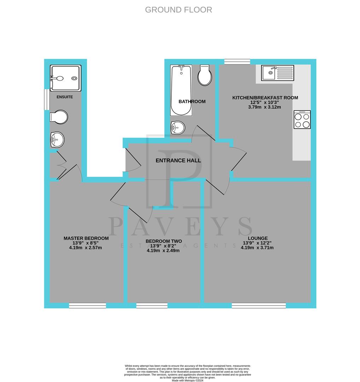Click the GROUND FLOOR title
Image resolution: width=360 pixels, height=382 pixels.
pos(178,10)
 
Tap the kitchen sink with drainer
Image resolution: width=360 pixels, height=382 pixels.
pos(278,73)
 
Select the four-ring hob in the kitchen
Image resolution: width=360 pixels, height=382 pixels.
pos(302,120)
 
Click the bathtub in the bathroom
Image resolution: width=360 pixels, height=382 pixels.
pos(181,90)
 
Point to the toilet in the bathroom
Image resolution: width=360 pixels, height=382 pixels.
pos(205,75)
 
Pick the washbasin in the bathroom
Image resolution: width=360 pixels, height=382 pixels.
pos(178,127)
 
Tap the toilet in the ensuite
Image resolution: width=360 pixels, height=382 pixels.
pos(59,117)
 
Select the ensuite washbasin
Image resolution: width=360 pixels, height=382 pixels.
pos(57,139)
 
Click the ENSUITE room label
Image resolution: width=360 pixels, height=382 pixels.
pos(65,97)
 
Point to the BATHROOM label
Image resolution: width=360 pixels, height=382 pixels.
pos(192,102)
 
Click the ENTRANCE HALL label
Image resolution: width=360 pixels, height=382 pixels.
pos(178,161)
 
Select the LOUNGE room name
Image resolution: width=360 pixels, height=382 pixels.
pos(258,238)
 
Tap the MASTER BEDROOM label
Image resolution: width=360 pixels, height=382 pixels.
pos(86,238)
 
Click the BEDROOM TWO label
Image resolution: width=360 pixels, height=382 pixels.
pos(164,241)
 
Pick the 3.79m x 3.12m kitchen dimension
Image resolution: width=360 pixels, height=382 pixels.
pos(265,107)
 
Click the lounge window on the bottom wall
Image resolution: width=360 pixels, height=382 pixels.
pos(259,305)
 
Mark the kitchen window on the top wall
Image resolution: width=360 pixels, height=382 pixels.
pos(237,62)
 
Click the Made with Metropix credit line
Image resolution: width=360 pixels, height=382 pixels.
pos(188,380)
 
